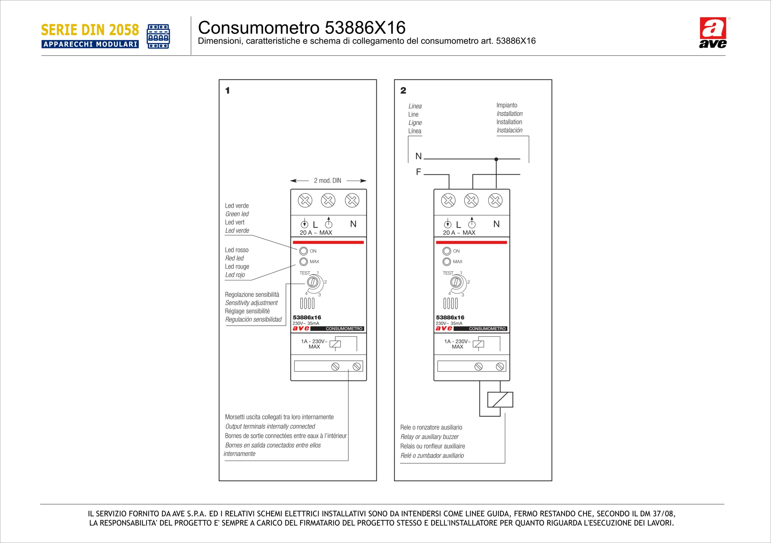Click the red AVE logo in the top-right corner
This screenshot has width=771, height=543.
(713, 32)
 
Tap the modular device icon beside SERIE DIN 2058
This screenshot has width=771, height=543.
(158, 36)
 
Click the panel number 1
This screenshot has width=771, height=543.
(228, 91)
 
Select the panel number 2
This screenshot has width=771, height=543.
(403, 91)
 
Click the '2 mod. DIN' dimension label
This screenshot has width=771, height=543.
(327, 181)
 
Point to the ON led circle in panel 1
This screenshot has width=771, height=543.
(304, 251)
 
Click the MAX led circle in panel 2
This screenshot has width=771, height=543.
(447, 262)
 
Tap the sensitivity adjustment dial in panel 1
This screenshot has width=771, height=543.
(313, 282)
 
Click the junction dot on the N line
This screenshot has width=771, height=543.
(496, 159)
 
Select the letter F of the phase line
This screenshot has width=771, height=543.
(418, 172)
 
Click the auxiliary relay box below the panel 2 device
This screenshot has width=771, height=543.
(500, 400)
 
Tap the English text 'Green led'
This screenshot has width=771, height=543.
(237, 214)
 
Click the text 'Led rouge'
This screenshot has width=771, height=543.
(237, 267)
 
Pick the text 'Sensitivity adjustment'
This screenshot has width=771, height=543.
(251, 303)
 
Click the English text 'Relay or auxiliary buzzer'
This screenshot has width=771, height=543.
(429, 437)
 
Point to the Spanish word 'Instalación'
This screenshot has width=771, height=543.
(509, 131)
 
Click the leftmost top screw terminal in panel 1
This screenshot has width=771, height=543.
(305, 201)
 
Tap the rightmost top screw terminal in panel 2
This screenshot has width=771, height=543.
(495, 201)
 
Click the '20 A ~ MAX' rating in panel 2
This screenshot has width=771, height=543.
(459, 233)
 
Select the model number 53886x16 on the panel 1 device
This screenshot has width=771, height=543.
(307, 317)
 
